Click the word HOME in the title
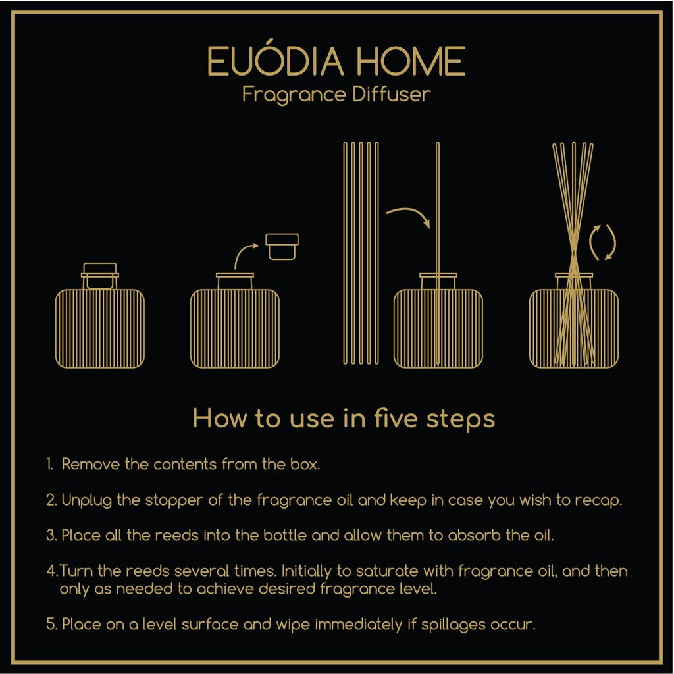click(x=411, y=61)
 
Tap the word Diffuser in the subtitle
click(x=391, y=94)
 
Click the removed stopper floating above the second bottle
click(x=282, y=247)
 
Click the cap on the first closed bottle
click(x=100, y=276)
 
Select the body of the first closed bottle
click(x=100, y=328)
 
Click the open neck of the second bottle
click(x=235, y=281)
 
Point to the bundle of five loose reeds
click(x=361, y=253)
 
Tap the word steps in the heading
click(x=460, y=419)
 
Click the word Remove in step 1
click(x=90, y=464)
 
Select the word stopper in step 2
click(x=174, y=500)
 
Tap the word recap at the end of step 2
click(x=598, y=500)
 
